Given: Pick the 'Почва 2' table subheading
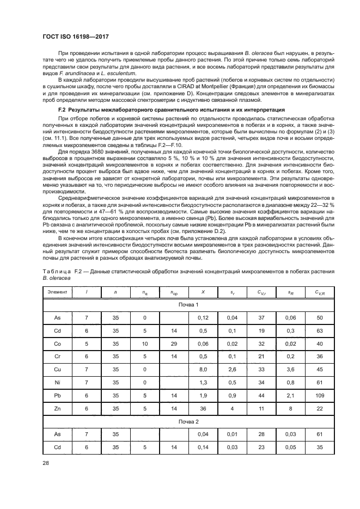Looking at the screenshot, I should pos(188,421).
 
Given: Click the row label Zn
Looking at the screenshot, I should pos(58,408).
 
